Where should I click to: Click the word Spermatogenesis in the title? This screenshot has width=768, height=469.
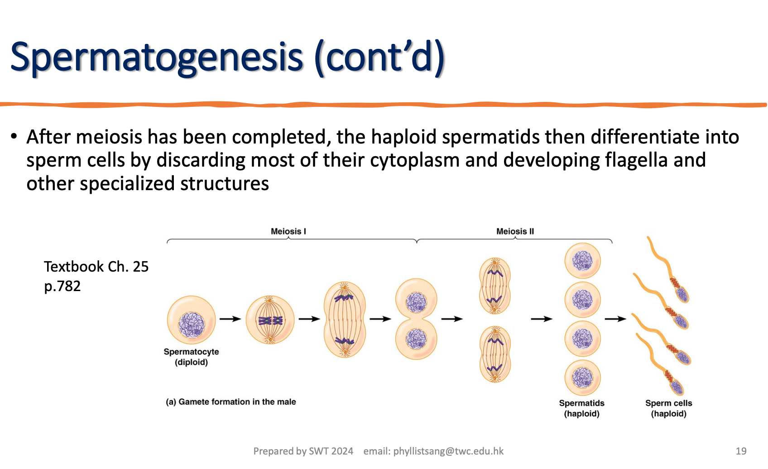click(x=156, y=58)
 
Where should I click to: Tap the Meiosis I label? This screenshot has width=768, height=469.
click(x=288, y=231)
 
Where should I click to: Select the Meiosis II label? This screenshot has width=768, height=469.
click(x=515, y=231)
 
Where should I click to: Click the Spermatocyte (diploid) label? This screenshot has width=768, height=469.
click(x=191, y=357)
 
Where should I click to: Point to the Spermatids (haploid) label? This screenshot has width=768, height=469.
click(x=581, y=408)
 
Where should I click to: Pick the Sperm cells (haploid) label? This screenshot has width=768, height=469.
click(x=668, y=408)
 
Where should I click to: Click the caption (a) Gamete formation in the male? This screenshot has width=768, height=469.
click(x=230, y=402)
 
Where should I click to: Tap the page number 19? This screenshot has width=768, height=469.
click(x=741, y=451)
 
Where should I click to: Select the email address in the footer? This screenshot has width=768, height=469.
click(x=448, y=451)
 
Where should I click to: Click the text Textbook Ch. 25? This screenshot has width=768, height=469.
click(x=96, y=266)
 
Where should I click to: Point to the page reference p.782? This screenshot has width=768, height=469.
click(x=62, y=286)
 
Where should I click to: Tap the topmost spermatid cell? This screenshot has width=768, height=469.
click(x=582, y=261)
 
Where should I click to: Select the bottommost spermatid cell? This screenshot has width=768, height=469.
click(x=582, y=378)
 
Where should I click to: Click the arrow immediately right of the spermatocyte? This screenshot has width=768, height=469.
click(x=230, y=319)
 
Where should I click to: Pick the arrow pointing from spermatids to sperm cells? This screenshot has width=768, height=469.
click(x=615, y=319)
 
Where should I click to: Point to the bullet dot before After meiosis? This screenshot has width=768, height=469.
click(x=14, y=136)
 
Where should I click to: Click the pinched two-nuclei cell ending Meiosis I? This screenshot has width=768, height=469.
click(x=416, y=319)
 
